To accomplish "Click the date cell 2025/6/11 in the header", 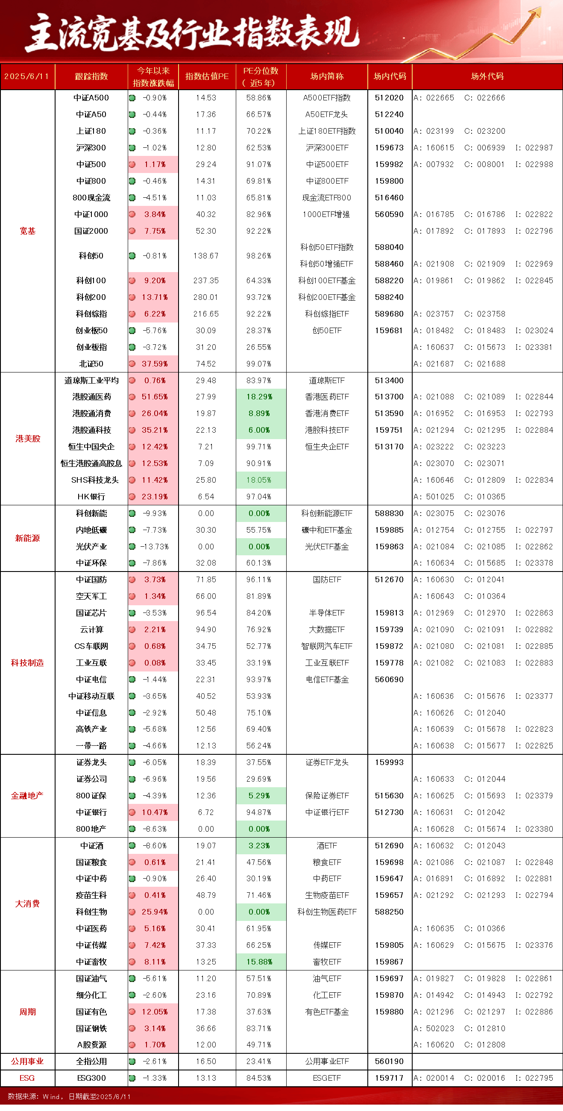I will [27, 76].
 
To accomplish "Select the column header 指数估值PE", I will [207, 76].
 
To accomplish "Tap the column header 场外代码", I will [487, 76].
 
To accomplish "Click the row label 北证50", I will [91, 364].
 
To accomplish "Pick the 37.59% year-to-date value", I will [155, 364].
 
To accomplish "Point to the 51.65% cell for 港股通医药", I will [155, 397].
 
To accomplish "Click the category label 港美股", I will [28, 439].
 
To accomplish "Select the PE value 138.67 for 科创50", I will [206, 256].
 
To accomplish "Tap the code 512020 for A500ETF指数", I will [389, 98].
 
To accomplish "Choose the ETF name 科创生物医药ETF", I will [327, 912].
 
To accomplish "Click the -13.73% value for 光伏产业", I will [155, 546].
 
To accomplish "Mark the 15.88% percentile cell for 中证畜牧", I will [259, 962].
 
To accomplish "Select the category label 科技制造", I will [28, 663].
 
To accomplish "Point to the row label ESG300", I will [91, 1078].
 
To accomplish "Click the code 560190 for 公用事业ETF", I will [389, 1061].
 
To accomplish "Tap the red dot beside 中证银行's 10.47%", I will [132, 812].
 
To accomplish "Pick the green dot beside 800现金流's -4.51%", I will [132, 198].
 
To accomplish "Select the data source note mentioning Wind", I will [69, 1096].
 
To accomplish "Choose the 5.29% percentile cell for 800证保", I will [259, 796].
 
